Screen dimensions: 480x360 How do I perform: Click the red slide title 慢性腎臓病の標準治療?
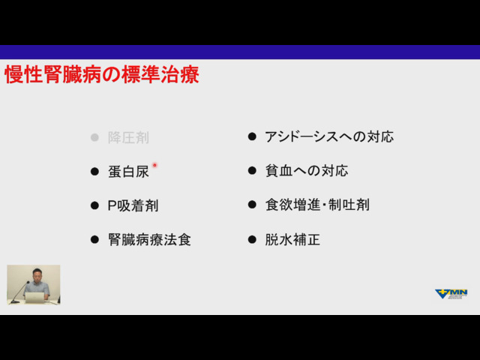(x=102, y=74)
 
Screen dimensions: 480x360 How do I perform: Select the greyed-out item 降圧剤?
(x=128, y=138)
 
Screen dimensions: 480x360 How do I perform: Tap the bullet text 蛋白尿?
(x=128, y=172)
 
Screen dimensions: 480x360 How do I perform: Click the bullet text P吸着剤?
(x=133, y=205)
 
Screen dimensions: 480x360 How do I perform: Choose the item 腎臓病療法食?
(x=149, y=240)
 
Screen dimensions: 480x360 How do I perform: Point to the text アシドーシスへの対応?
(x=329, y=136)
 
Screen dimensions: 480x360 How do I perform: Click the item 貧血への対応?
(x=307, y=170)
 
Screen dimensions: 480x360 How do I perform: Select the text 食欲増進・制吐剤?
(x=317, y=205)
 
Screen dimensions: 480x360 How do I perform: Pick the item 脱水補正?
(x=292, y=239)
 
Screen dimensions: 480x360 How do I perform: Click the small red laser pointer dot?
(x=154, y=165)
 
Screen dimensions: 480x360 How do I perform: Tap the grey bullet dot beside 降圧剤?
(x=94, y=137)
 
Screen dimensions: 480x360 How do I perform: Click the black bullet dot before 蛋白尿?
(x=94, y=172)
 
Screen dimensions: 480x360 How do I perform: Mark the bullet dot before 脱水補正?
(x=252, y=239)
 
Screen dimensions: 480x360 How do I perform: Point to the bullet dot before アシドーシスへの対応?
(x=252, y=136)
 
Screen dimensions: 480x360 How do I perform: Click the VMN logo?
(x=451, y=294)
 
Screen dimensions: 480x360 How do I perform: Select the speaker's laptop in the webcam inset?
(x=34, y=298)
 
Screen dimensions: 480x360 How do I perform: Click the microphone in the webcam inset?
(x=20, y=292)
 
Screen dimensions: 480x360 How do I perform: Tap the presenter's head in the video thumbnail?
(x=37, y=274)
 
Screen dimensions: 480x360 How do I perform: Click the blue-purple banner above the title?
(x=240, y=52)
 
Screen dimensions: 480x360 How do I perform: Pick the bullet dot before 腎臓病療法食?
(x=94, y=240)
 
